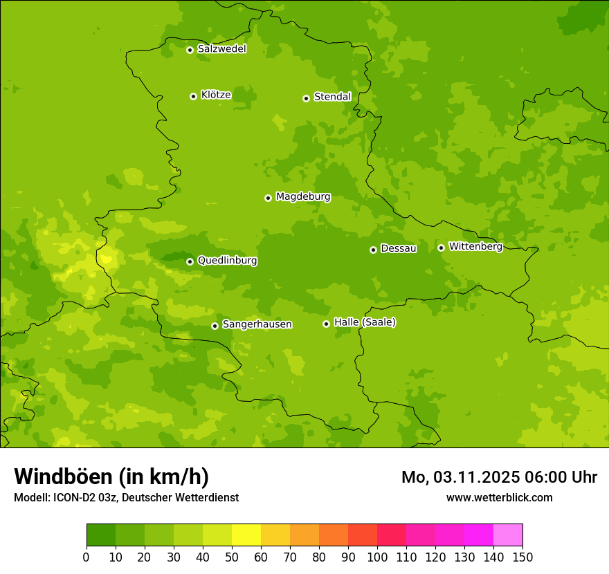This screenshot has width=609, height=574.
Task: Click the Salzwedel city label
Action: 221,49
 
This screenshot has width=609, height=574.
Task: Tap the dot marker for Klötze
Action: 193,96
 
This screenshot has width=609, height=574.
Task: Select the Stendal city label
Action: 332,97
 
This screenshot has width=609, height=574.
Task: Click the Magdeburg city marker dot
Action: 268,198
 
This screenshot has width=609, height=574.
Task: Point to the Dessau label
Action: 399,248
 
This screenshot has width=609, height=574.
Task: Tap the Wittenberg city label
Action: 475,246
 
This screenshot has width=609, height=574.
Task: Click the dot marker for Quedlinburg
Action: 190,261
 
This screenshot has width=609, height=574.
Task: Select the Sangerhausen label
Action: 257,324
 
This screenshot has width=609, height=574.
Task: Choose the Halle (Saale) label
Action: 365,322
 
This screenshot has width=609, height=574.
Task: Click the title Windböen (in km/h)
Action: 111,476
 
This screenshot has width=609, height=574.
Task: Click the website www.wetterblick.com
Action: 499,497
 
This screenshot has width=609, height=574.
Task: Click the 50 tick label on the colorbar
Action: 232,557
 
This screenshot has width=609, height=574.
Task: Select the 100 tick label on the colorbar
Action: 377,557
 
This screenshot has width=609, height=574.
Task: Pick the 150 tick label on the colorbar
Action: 522,557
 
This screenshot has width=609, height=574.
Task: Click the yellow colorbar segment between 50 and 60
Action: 246,535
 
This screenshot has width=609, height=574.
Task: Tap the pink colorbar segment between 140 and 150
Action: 508,535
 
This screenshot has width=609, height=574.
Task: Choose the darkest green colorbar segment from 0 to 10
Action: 101,535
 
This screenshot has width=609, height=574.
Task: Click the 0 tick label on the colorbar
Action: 87,557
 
